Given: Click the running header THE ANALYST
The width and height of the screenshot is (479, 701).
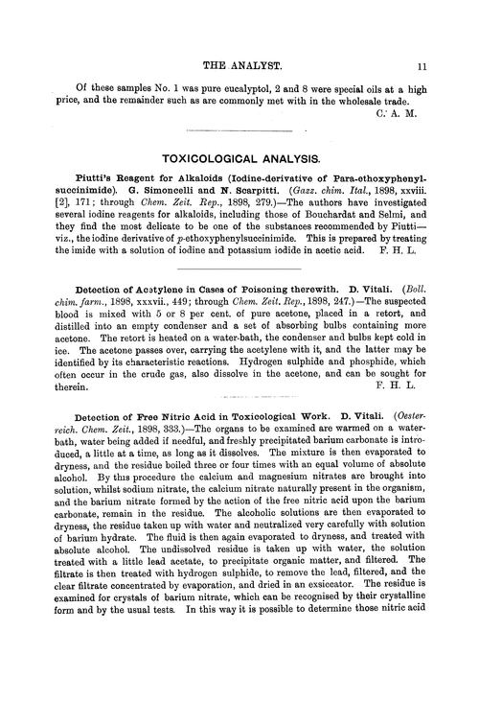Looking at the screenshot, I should (x=239, y=40).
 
